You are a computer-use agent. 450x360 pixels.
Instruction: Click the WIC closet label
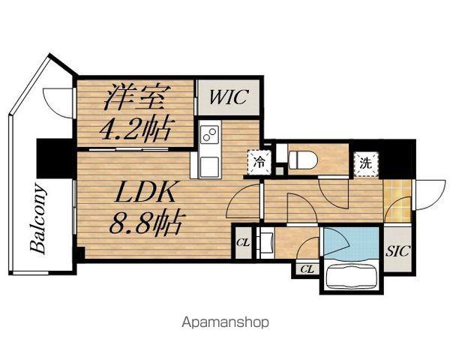[x=229, y=97]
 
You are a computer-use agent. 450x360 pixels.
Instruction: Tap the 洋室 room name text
[x=134, y=97]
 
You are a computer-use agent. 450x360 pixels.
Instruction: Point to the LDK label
[x=145, y=192]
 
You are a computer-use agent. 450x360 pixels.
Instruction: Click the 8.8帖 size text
[x=145, y=222]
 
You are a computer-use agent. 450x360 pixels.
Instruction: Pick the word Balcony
[x=38, y=219]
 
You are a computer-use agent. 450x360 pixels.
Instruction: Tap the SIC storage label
[x=397, y=251]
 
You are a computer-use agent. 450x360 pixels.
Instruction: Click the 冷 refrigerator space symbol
[x=259, y=163]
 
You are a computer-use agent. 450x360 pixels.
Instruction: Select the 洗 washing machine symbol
[x=366, y=163]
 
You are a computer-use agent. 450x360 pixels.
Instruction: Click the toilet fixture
[x=302, y=160]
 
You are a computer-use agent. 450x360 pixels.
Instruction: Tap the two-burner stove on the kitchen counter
[x=209, y=134]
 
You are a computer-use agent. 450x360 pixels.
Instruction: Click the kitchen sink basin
[x=210, y=167]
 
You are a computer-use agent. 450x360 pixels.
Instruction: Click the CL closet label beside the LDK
[x=243, y=243]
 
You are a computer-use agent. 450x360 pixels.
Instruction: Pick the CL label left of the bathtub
[x=307, y=269]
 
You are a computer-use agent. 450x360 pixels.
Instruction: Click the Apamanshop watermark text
[x=226, y=322]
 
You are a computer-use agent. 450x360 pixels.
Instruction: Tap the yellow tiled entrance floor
[x=397, y=201]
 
